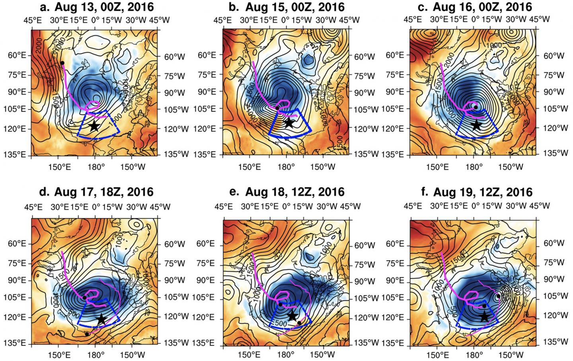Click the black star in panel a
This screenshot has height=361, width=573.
94,126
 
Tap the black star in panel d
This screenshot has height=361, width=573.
101,319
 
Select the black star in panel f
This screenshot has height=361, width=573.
484,317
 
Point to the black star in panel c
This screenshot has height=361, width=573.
476,125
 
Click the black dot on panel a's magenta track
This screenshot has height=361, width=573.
62,63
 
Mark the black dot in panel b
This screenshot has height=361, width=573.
277,108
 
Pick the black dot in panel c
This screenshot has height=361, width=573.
476,107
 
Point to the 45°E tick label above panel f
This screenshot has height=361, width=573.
413,206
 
